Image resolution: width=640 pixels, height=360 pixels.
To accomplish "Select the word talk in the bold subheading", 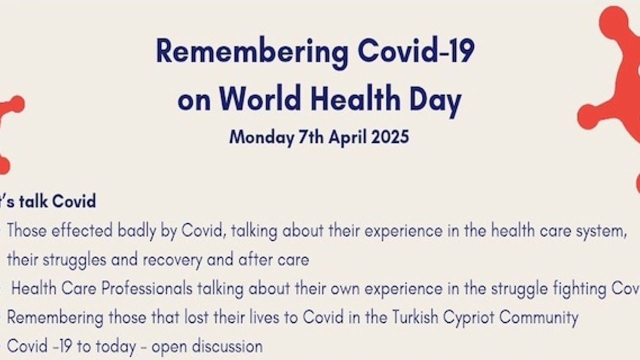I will pos(33,201).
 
